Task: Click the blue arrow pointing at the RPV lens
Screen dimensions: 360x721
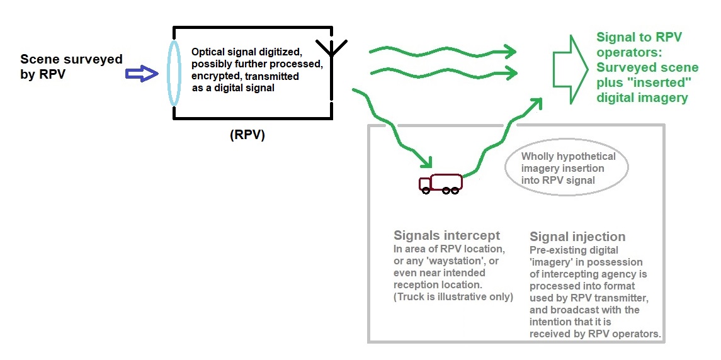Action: coord(141,74)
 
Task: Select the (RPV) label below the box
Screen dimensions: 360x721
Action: coord(247,134)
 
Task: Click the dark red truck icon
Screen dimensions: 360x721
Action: coord(441,183)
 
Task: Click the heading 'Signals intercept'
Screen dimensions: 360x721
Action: coord(446,235)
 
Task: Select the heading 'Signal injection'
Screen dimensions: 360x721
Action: coord(577,237)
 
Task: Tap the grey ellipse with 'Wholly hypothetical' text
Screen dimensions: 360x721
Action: coord(567,168)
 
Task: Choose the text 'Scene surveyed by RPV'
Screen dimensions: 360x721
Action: coord(71,66)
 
